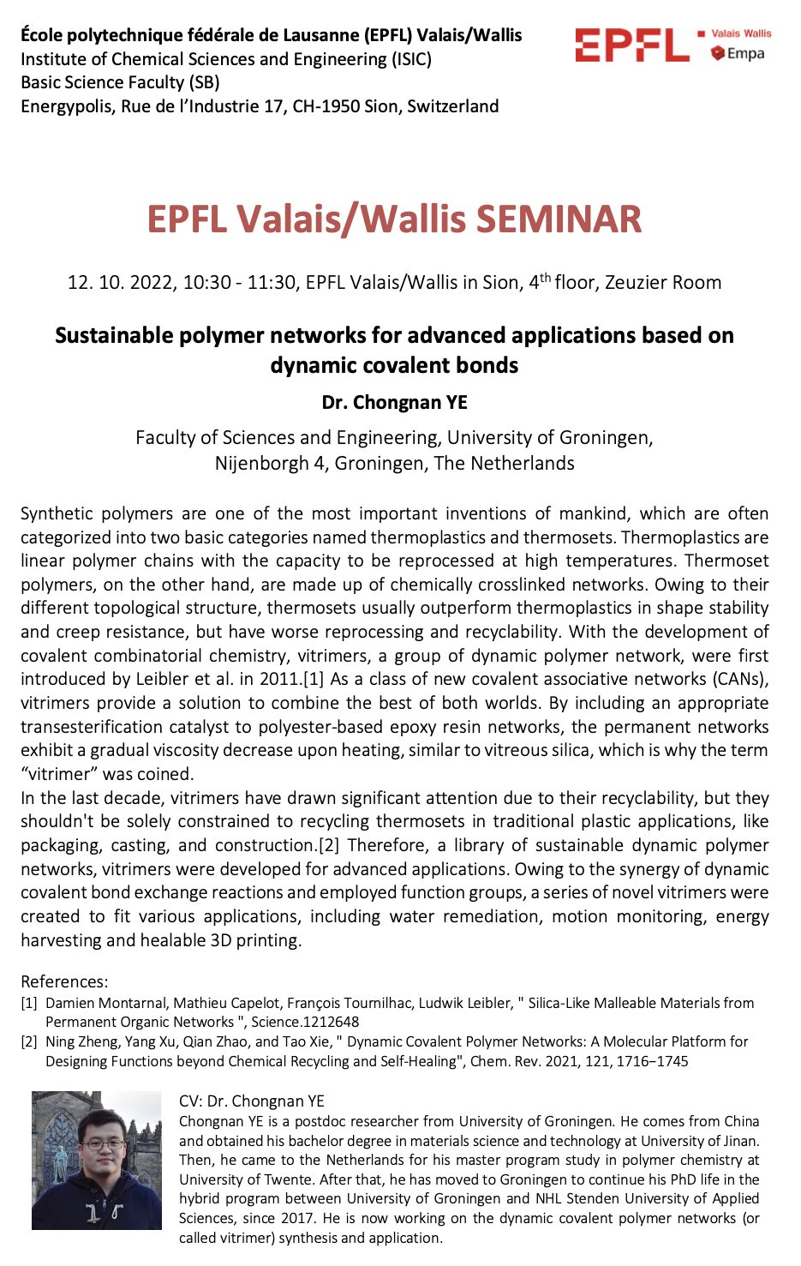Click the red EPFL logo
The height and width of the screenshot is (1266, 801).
tap(631, 45)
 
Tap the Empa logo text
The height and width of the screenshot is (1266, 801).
tap(744, 53)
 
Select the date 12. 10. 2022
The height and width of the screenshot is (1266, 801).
tap(121, 283)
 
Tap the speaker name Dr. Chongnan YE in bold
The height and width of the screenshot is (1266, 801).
tap(394, 402)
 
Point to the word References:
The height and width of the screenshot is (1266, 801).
tap(64, 981)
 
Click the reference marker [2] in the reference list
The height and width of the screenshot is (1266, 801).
tap(29, 1042)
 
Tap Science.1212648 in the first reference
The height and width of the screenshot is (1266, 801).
tap(305, 1022)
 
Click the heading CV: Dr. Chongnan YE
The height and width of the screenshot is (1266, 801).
tap(252, 1101)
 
